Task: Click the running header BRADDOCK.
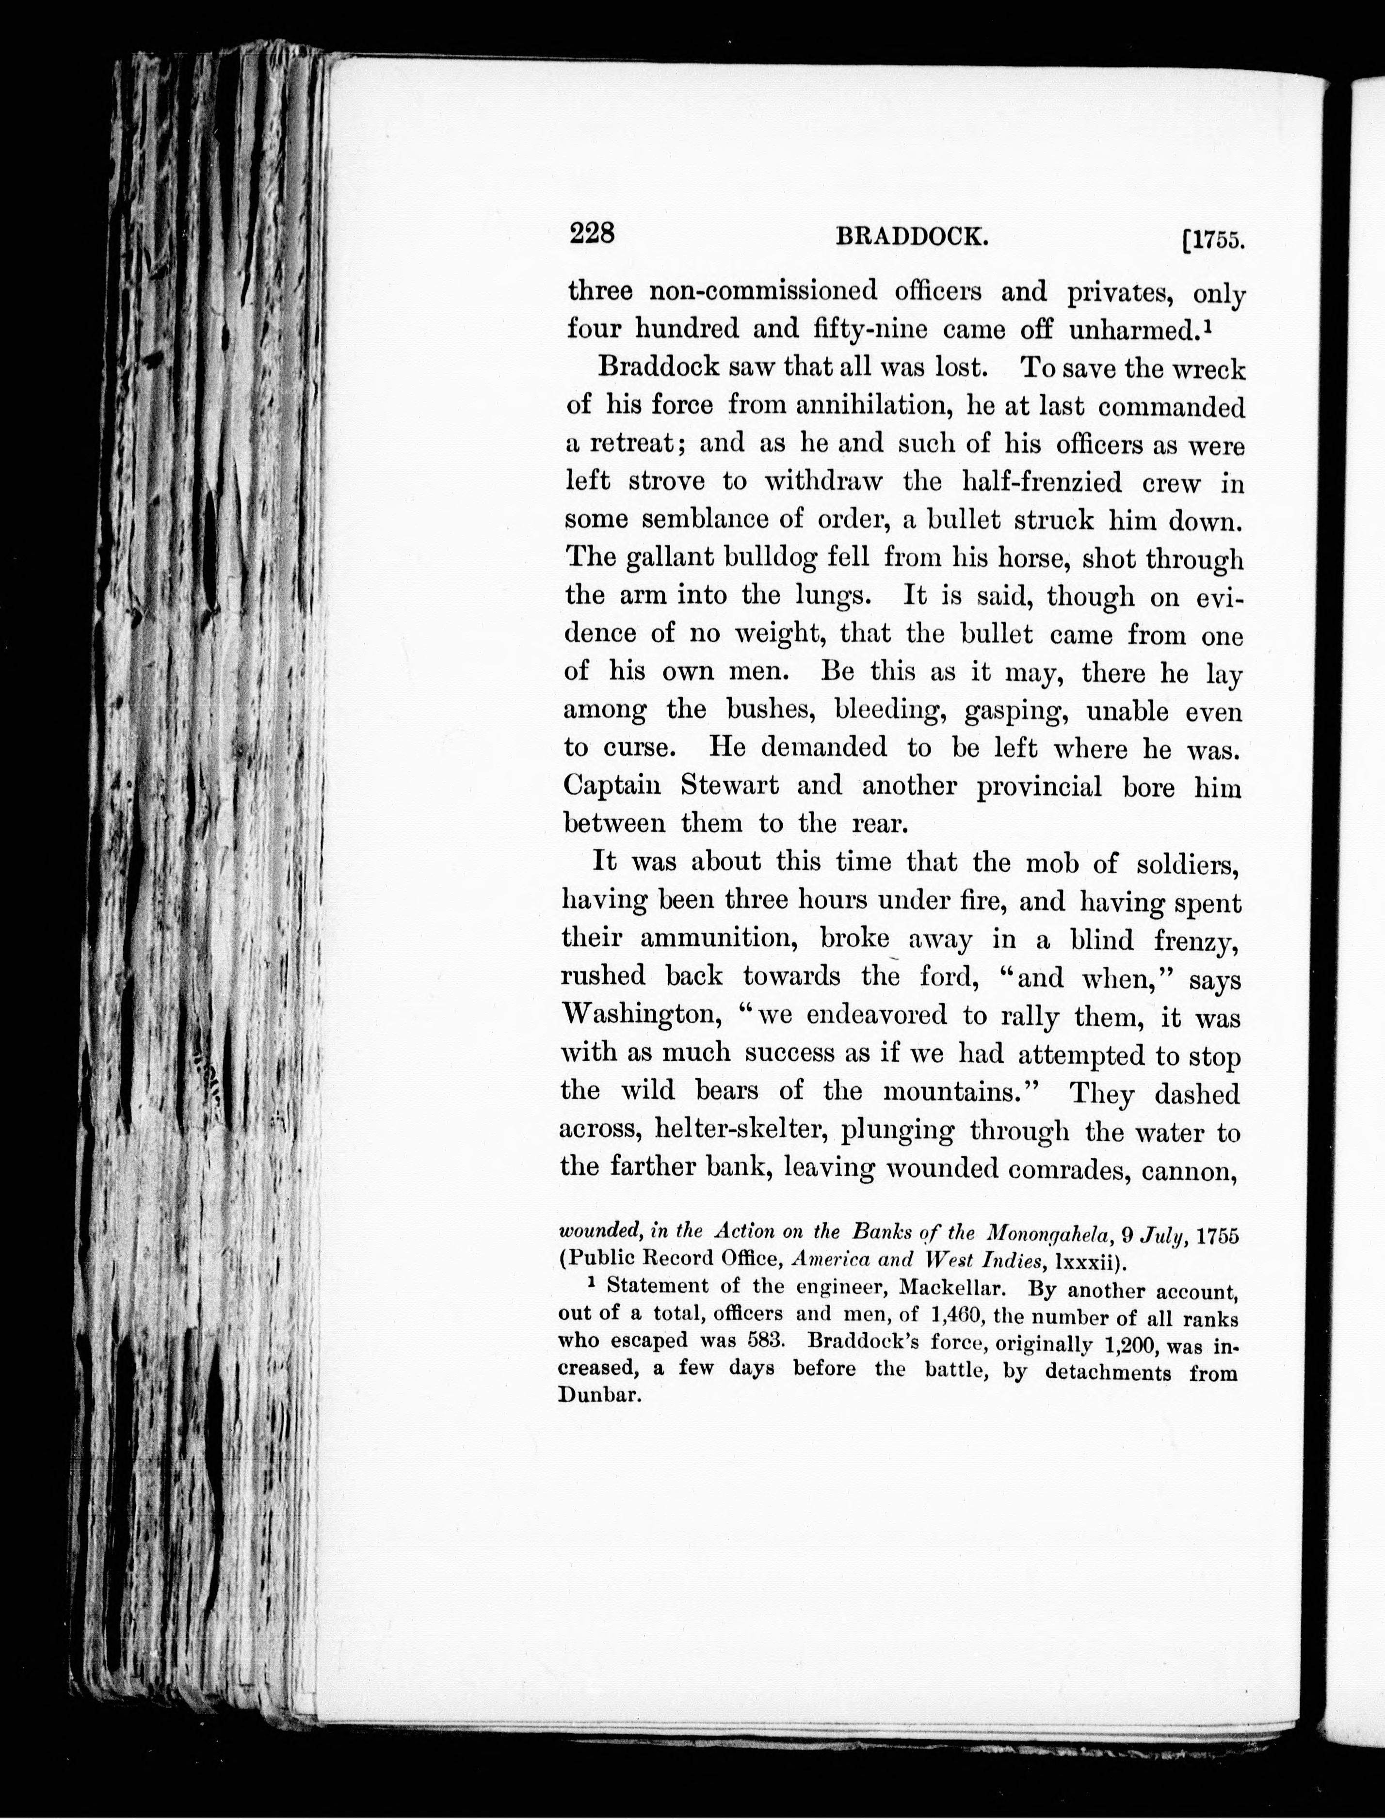(x=912, y=238)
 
